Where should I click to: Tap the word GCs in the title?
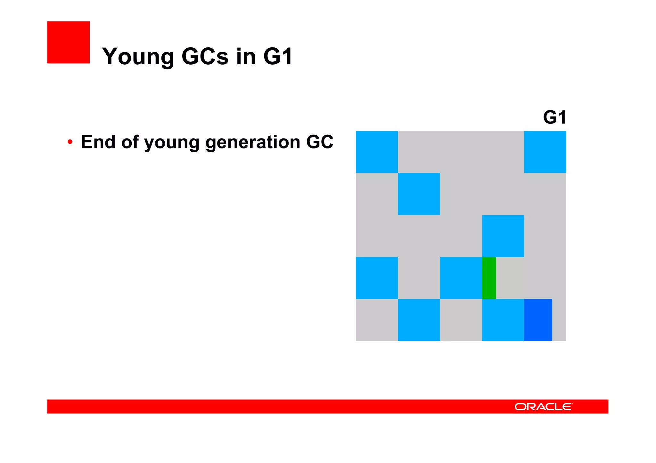click(x=205, y=57)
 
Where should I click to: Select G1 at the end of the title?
click(x=278, y=57)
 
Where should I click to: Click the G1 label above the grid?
click(x=554, y=117)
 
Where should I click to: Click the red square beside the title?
click(x=69, y=42)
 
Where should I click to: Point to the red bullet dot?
click(x=70, y=142)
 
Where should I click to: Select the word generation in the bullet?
click(x=252, y=142)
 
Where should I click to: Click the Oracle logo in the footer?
click(x=543, y=407)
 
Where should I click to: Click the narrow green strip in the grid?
click(x=489, y=278)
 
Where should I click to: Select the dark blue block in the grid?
click(x=538, y=320)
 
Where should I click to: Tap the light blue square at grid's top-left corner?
click(x=377, y=152)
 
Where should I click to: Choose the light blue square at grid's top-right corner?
click(x=545, y=152)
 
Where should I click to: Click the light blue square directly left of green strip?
click(x=461, y=278)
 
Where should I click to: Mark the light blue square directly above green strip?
click(x=503, y=236)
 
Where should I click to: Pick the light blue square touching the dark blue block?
click(x=503, y=320)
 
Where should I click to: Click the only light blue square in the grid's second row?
click(x=419, y=194)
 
